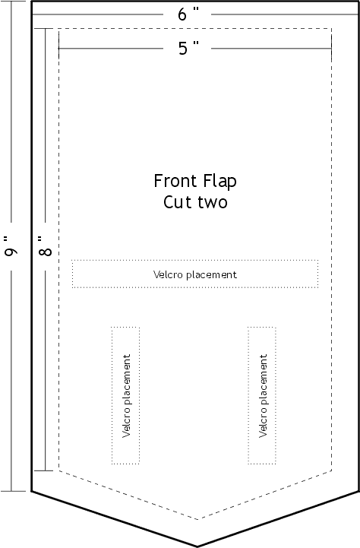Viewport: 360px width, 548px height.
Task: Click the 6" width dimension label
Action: coord(188,14)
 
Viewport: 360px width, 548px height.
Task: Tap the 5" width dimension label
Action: coord(188,48)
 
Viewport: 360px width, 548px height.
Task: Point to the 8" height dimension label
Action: coord(45,246)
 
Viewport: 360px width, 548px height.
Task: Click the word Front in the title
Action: coord(175,181)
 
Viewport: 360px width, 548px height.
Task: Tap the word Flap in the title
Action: coord(220,182)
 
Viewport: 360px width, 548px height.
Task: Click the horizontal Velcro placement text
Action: coord(195,274)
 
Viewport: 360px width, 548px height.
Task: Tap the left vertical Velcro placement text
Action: coord(126,396)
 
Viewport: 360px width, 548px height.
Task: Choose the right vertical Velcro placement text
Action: coord(263,396)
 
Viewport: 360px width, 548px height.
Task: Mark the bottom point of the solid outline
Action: coord(197,546)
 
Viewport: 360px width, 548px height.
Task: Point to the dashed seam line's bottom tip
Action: coord(198,519)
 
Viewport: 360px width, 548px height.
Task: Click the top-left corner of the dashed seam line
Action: coord(58,28)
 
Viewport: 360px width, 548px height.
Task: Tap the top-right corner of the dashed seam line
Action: coord(332,28)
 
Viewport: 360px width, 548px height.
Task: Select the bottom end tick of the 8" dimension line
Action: coord(45,470)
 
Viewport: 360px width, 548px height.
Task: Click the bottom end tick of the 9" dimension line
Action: coord(13,491)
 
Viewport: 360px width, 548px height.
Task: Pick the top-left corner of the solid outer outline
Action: coord(32,2)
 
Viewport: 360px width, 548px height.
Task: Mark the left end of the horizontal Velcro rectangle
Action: coord(72,274)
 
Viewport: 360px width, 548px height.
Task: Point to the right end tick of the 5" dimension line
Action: coord(331,48)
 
